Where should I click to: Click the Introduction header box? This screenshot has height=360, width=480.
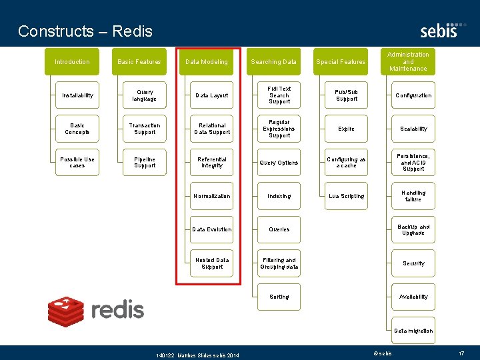(72, 62)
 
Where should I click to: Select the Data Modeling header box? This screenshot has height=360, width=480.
(207, 62)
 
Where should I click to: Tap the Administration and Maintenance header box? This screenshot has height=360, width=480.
(408, 61)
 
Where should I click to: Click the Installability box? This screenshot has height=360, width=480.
(77, 95)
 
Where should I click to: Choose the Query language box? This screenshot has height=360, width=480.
(145, 95)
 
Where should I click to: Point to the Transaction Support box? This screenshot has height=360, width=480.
(145, 129)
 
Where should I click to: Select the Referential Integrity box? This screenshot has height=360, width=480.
(212, 163)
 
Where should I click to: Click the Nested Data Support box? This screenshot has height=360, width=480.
(212, 263)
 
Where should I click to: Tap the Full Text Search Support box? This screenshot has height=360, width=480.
(279, 95)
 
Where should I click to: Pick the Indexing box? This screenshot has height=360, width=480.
(279, 196)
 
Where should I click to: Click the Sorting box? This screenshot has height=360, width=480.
(279, 297)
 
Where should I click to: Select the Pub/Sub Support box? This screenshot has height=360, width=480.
(347, 95)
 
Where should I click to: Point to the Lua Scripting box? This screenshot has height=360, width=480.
(347, 196)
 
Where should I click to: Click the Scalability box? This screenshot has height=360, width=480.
(413, 129)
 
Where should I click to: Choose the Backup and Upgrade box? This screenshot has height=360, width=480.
(413, 229)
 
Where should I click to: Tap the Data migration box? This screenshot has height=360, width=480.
(413, 331)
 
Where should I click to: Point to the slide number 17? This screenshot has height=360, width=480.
(461, 353)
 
